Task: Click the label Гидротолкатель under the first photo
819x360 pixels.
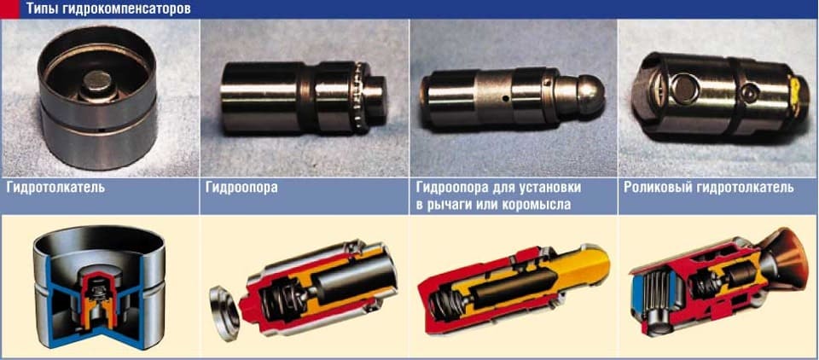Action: coord(55,187)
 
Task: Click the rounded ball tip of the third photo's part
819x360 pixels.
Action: coord(588,92)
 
